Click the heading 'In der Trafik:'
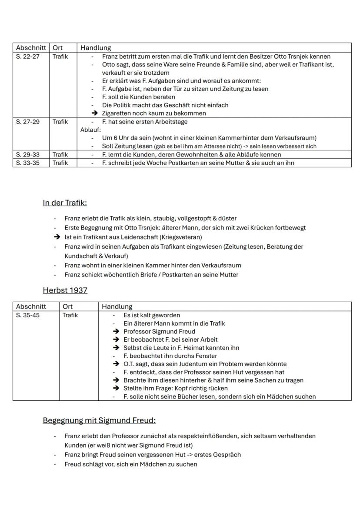click(x=65, y=203)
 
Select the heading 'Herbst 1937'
click(x=65, y=290)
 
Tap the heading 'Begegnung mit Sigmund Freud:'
click(x=99, y=420)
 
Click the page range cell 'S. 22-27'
click(x=27, y=57)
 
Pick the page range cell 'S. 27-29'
click(x=27, y=122)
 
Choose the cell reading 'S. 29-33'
click(x=27, y=154)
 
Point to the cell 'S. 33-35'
click(x=27, y=163)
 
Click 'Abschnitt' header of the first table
click(x=30, y=47)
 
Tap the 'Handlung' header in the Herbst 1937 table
click(x=117, y=306)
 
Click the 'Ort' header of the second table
click(x=68, y=306)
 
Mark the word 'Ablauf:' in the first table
click(x=90, y=130)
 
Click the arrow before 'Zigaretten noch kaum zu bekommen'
click(x=94, y=113)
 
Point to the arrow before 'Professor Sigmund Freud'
click(x=116, y=332)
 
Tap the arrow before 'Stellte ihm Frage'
click(x=116, y=388)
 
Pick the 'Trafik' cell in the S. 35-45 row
click(x=70, y=315)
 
